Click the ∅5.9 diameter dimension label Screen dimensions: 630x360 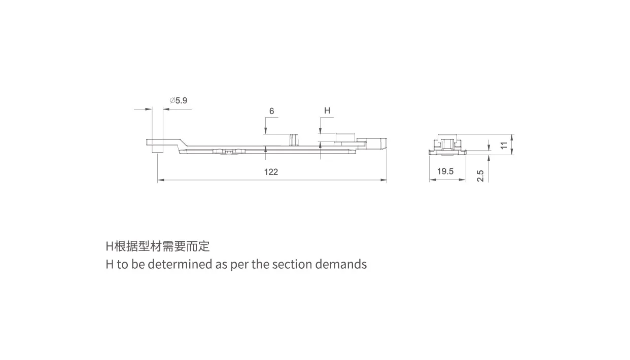tap(179, 100)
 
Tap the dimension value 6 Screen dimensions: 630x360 tap(271, 111)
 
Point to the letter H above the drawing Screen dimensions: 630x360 tap(327, 111)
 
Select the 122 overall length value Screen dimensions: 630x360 tap(271, 172)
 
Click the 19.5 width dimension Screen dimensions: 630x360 tap(445, 171)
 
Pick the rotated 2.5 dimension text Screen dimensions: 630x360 tap(480, 175)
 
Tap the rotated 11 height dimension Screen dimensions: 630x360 tap(504, 145)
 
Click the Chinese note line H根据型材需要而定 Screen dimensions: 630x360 tap(157, 246)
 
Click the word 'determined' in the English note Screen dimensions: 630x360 tap(180, 264)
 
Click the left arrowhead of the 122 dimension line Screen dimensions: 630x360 tap(161, 180)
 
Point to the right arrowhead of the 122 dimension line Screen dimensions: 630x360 tap(383, 180)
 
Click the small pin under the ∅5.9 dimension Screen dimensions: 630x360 tap(157, 146)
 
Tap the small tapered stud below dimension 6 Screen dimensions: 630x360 tap(295, 140)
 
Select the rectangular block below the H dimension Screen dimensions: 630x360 tap(345, 138)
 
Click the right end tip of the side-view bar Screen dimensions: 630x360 tap(387, 143)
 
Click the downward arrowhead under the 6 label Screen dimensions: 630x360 tap(265, 131)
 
